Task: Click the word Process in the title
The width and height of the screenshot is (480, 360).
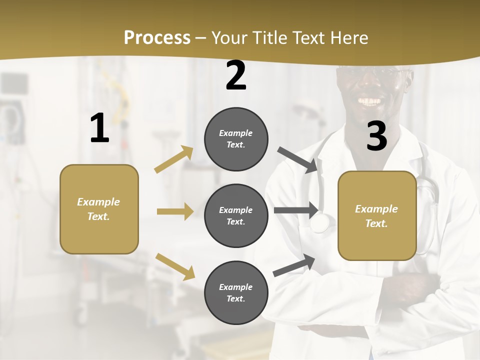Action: click(157, 37)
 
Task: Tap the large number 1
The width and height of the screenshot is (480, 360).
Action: click(99, 128)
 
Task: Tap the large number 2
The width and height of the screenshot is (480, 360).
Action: click(236, 76)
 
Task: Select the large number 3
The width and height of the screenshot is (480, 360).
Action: click(376, 136)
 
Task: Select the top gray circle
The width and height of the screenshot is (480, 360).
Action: click(236, 139)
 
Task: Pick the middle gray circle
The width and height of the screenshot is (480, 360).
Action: click(236, 215)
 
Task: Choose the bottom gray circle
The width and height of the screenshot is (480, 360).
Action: click(236, 292)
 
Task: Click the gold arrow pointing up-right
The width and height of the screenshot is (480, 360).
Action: click(174, 159)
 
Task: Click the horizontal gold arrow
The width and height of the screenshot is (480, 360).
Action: click(175, 211)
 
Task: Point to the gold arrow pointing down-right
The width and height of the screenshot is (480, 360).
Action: click(175, 266)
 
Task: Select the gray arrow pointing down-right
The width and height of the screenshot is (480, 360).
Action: click(298, 160)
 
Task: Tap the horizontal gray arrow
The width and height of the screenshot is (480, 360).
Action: click(296, 210)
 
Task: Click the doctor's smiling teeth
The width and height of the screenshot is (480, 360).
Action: click(370, 101)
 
